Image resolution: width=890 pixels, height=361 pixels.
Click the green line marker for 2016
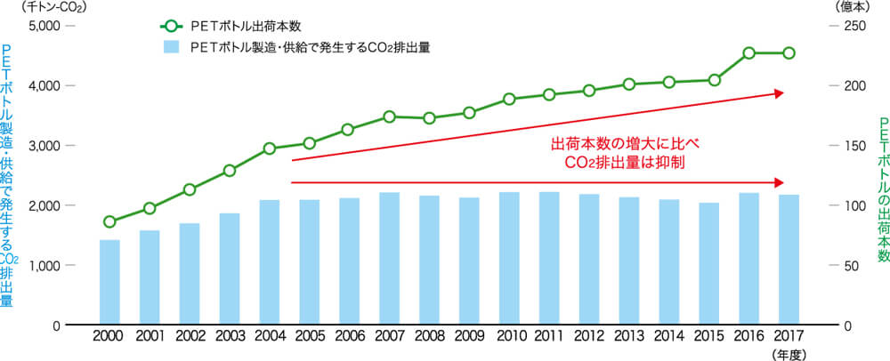[749, 53]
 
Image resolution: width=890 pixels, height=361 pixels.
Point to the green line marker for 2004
[269, 148]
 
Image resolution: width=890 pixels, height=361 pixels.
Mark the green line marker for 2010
[509, 99]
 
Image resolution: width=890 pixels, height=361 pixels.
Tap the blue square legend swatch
[167, 47]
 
